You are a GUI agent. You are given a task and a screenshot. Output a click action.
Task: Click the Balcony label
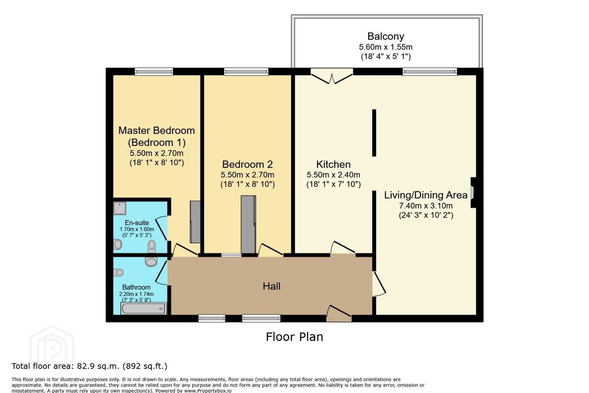pos(385,36)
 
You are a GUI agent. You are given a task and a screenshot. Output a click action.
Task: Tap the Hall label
pos(272,287)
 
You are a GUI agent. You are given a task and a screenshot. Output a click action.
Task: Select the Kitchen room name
pos(333,165)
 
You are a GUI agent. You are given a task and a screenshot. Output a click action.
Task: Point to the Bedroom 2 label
pos(247,165)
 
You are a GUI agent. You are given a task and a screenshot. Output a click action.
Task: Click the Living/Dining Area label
pos(426,195)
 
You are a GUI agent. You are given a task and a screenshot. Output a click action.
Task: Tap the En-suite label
pos(137,223)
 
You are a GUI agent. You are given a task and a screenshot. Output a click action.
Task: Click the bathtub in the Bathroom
pos(144,308)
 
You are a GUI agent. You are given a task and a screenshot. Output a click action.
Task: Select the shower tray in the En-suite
pos(120,208)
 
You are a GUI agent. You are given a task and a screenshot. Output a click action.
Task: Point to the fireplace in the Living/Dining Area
pos(473,193)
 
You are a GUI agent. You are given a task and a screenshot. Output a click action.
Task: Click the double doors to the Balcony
pos(332,76)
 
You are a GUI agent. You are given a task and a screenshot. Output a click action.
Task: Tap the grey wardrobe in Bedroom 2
pos(248,224)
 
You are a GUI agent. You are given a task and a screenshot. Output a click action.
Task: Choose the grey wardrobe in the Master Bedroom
pos(195,222)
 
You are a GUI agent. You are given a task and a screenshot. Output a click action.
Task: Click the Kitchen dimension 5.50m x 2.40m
pos(333,175)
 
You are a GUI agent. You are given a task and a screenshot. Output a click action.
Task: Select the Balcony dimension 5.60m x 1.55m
pos(386,47)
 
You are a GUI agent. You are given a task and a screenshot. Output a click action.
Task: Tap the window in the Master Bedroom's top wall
pos(154,72)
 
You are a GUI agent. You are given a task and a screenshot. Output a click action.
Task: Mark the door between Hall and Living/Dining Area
pos(379,284)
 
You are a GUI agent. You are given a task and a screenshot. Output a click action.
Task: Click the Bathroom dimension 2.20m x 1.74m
pos(137,294)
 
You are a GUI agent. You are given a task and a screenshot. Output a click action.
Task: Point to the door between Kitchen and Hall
pos(343,248)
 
